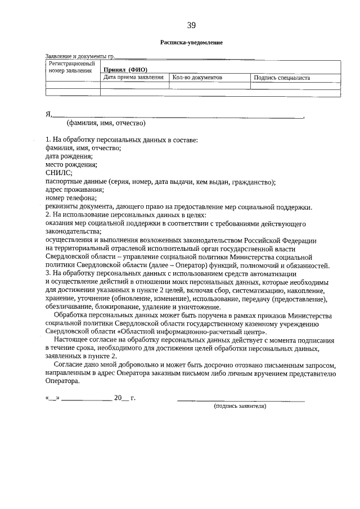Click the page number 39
point(191,25)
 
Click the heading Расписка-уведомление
point(191,43)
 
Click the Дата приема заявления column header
point(134,78)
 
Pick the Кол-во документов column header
point(197,78)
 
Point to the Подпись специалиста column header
point(282,78)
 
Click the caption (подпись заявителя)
point(240,406)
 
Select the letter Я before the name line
point(48,114)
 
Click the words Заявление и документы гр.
point(79,57)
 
